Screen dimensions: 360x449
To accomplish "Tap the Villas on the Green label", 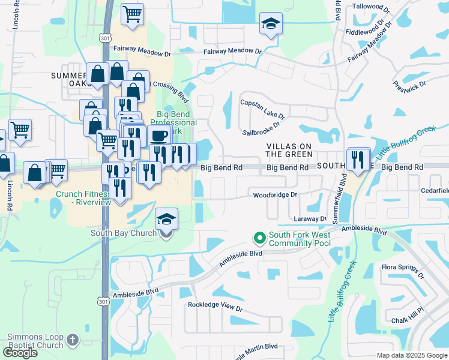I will [x=289, y=150].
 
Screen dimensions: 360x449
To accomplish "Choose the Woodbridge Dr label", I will [x=275, y=195].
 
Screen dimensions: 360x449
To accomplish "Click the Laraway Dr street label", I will [x=310, y=219].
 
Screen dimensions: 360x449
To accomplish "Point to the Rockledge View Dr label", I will [x=215, y=306].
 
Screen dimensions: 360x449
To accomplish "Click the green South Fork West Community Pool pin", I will [x=260, y=239].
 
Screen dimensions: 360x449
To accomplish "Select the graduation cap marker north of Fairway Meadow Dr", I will [x=271, y=25].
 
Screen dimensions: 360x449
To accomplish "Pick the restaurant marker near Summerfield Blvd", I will [x=358, y=159].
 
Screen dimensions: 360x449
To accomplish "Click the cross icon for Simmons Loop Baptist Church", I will [x=71, y=340].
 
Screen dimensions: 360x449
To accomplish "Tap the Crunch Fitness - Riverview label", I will [x=83, y=198].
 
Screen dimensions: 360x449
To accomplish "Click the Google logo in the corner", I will [x=20, y=352].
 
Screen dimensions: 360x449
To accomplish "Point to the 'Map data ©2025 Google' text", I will [x=411, y=355].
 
